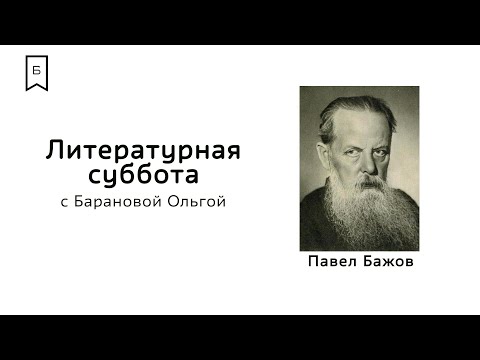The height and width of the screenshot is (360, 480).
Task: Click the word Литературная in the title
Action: pyautogui.click(x=145, y=151)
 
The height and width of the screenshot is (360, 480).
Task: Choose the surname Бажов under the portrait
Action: pyautogui.click(x=387, y=264)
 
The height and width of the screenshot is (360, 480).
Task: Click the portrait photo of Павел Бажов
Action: pyautogui.click(x=359, y=168)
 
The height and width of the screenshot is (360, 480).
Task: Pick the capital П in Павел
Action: pyautogui.click(x=318, y=264)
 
